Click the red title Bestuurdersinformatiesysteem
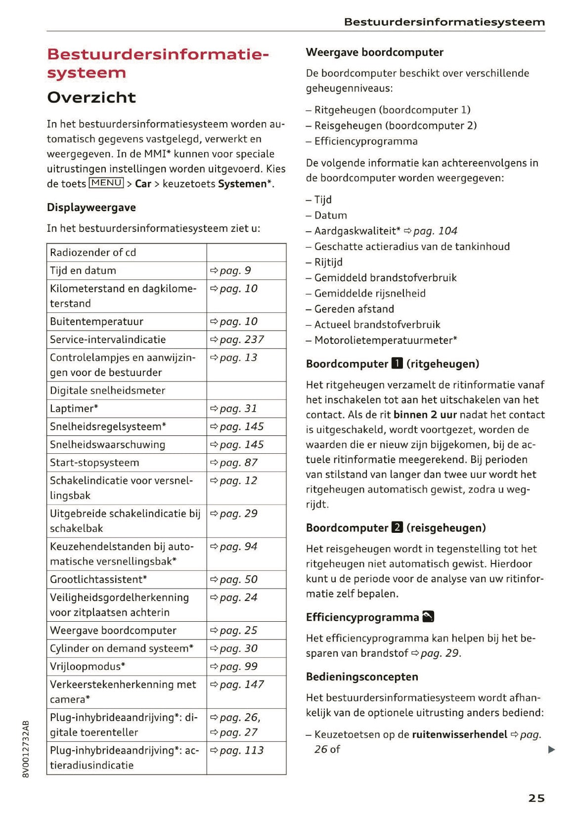pyautogui.click(x=158, y=63)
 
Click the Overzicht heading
pyautogui.click(x=91, y=97)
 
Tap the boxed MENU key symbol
pyautogui.click(x=106, y=183)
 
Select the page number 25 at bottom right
pyautogui.click(x=536, y=798)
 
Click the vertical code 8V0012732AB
pyautogui.click(x=26, y=748)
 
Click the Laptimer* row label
pyautogui.click(x=74, y=408)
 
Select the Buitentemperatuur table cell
pyautogui.click(x=96, y=321)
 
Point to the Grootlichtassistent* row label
pyautogui.click(x=98, y=579)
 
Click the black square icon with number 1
pyautogui.click(x=397, y=364)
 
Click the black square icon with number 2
pyautogui.click(x=397, y=528)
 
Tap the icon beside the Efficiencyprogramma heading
pyautogui.click(x=428, y=617)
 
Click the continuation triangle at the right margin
pyautogui.click(x=552, y=749)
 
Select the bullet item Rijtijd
pyautogui.click(x=328, y=262)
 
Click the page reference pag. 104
pyautogui.click(x=435, y=231)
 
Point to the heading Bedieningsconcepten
pyautogui.click(x=362, y=677)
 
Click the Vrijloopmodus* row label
pyautogui.click(x=88, y=666)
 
